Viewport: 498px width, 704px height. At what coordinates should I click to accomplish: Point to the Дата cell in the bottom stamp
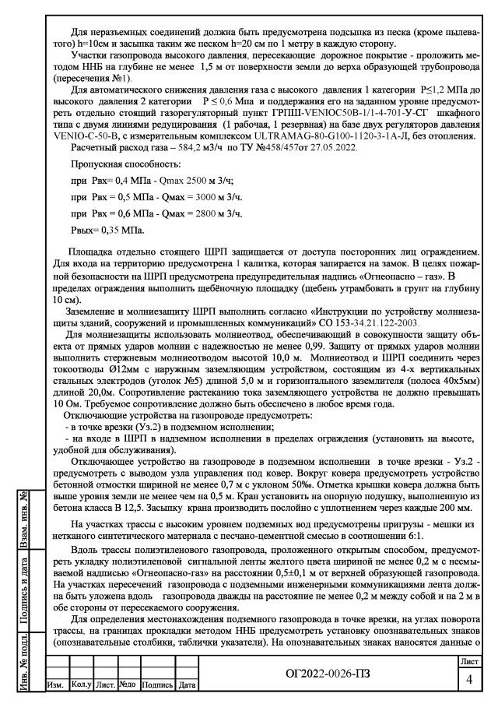(187, 692)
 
